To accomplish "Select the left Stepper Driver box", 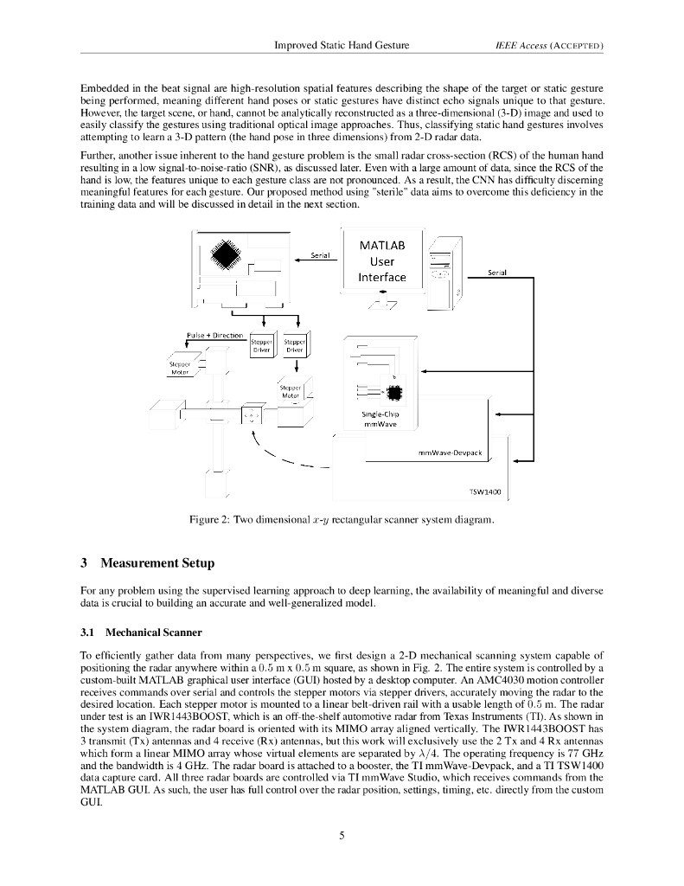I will pos(260,345).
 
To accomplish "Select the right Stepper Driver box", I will pos(295,345).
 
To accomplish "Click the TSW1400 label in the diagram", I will pos(483,490).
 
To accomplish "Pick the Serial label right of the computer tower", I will pos(496,272).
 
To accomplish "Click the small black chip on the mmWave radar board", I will pos(394,393).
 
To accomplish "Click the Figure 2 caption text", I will pos(342,519).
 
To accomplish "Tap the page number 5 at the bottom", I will pos(342,835).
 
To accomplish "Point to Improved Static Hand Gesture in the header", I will pos(342,44).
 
